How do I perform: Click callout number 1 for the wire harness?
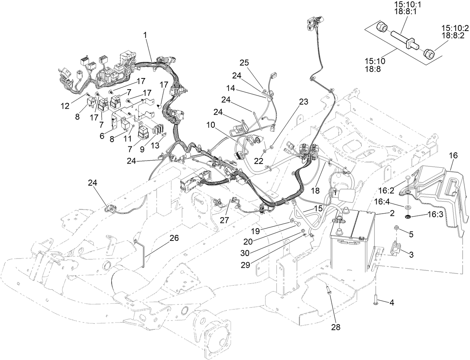(x=146, y=35)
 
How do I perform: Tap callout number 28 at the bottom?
(x=336, y=327)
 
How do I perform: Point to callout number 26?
(x=174, y=238)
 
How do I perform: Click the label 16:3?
(x=435, y=215)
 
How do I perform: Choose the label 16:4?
(x=382, y=202)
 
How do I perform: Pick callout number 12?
(x=65, y=106)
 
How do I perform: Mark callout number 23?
(x=303, y=102)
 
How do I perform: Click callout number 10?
(x=211, y=125)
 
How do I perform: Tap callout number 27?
(x=224, y=220)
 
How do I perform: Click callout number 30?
(x=245, y=253)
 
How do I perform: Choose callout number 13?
(x=155, y=145)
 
